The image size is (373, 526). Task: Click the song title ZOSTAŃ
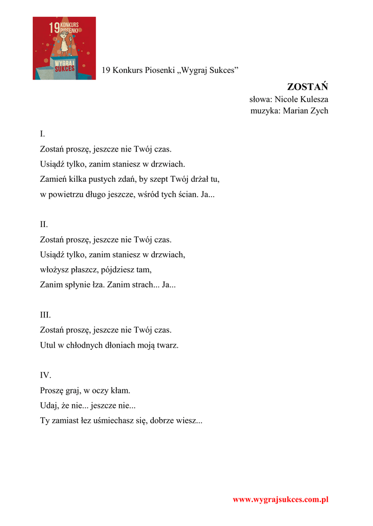click(307, 86)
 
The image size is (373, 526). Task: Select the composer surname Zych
click(318, 110)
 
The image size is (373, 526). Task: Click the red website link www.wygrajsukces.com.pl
click(280, 499)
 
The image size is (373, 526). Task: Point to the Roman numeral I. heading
click(43, 134)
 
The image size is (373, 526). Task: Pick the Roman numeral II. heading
click(44, 224)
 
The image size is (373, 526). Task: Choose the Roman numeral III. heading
click(45, 315)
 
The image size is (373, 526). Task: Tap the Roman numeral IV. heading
click(46, 375)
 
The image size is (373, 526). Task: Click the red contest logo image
click(64, 48)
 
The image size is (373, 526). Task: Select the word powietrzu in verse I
click(66, 195)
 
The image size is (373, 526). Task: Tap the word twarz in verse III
click(168, 345)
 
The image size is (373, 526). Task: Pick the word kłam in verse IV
click(121, 390)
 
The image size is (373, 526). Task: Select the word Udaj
click(49, 406)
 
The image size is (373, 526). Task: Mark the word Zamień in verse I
click(52, 179)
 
